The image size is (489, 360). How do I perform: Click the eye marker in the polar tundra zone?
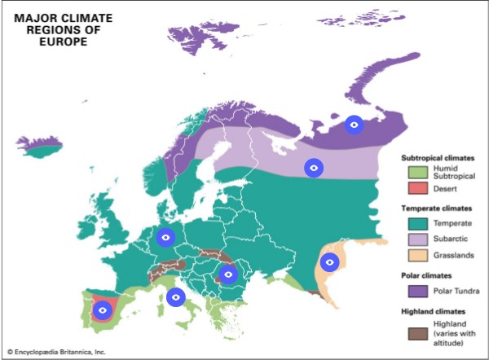click(354, 125)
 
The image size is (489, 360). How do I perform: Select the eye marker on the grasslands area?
click(329, 262)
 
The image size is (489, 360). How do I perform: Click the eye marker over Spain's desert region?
click(103, 310)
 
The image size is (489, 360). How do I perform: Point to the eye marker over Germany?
click(165, 238)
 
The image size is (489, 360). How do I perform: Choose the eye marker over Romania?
click(228, 275)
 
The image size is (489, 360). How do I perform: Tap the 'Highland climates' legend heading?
click(434, 311)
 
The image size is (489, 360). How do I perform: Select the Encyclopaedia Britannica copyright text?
click(57, 352)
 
